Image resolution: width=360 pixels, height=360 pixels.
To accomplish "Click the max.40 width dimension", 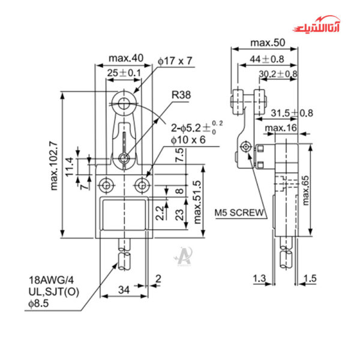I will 126,58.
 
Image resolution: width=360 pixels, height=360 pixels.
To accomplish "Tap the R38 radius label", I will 180,95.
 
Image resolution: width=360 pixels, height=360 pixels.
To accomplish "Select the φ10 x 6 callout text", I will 188,140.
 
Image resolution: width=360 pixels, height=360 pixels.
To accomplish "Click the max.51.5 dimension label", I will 198,202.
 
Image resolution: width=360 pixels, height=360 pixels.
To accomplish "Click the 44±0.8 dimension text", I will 266,59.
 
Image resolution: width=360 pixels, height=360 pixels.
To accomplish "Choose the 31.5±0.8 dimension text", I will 291,113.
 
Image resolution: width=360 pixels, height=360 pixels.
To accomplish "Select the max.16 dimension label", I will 281,128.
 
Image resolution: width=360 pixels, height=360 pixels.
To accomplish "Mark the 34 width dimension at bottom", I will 123,290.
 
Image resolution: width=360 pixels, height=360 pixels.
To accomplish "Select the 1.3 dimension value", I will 259,278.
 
